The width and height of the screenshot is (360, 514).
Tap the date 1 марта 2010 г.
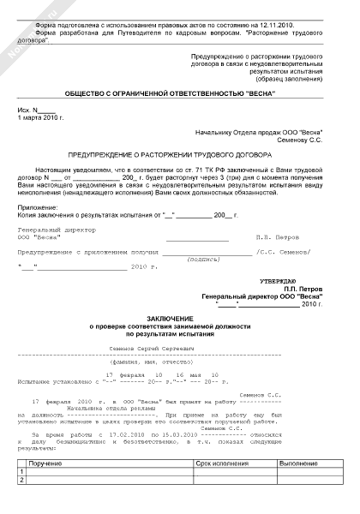pyautogui.click(x=40, y=118)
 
